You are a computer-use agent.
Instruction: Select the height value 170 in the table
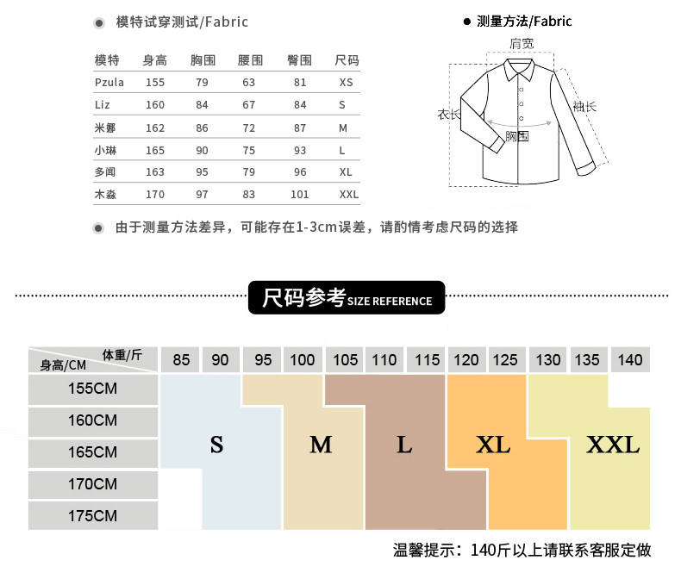pos(155,195)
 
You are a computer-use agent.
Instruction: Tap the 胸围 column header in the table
pos(202,60)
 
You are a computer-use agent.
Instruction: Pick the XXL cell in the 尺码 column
pos(348,195)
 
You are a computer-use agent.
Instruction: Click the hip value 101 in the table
pos(299,195)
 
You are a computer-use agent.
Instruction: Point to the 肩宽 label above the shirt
pos(521,42)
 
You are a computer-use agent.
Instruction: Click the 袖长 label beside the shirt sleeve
pos(584,107)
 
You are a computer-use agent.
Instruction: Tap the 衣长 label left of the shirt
pos(448,115)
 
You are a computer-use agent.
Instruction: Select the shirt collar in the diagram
pos(521,68)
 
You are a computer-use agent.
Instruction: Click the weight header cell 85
pos(181,359)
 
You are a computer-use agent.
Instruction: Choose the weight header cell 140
pos(630,359)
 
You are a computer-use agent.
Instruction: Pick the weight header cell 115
pos(426,359)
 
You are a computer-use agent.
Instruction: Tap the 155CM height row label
pos(93,389)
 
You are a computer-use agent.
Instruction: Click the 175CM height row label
pos(93,516)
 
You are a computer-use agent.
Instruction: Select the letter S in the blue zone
pos(216,445)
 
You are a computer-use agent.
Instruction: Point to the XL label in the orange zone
pos(493,445)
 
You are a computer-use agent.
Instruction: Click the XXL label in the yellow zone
pos(613,445)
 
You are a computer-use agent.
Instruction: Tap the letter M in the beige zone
pos(321,445)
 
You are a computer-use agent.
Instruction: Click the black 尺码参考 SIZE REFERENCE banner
pos(347,299)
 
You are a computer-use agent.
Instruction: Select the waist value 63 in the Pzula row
pos(249,83)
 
